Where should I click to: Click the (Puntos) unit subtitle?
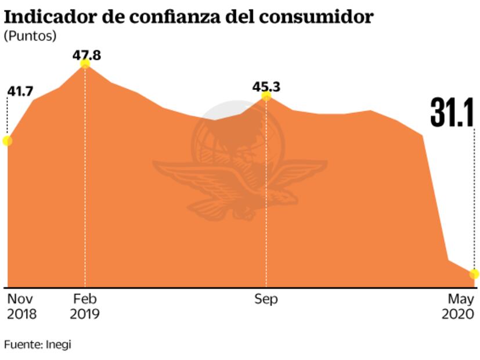(30, 36)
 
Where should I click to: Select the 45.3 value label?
(266, 87)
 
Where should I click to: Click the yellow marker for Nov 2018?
(8, 141)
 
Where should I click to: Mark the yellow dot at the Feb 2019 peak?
(85, 63)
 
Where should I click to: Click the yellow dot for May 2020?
(474, 273)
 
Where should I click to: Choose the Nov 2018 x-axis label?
(21, 307)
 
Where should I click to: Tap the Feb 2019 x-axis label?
(85, 307)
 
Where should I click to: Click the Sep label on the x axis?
(266, 300)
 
